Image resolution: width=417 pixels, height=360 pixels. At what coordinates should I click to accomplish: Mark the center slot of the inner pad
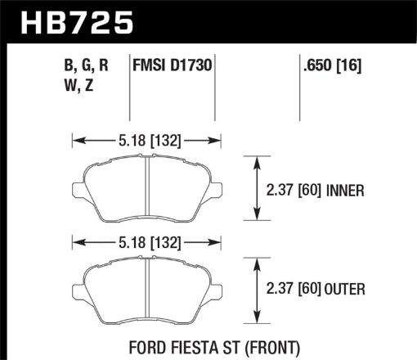click(x=145, y=187)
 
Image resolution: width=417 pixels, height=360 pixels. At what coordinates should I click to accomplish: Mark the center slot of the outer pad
click(x=145, y=286)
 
